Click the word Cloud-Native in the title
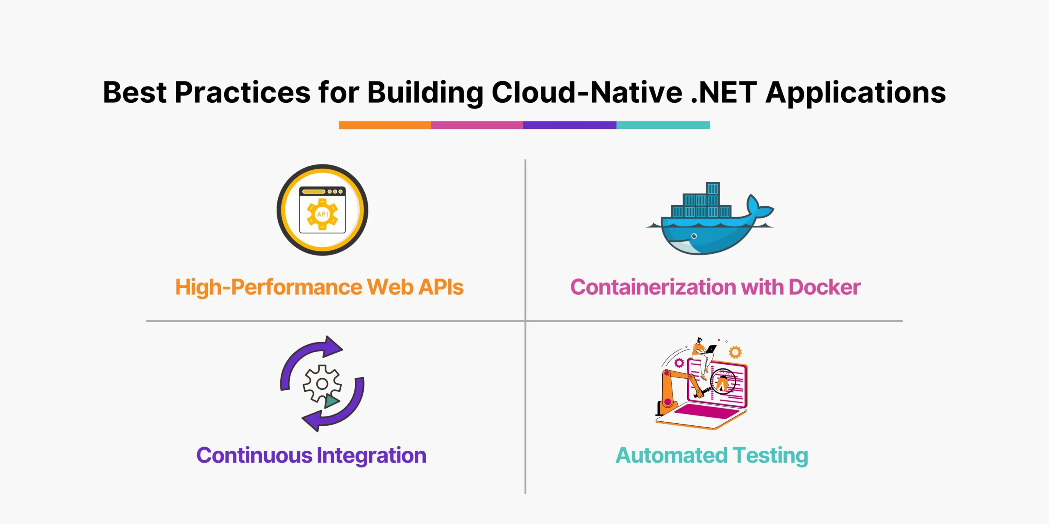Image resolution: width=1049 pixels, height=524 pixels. tap(587, 92)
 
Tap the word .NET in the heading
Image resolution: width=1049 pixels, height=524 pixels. tap(724, 93)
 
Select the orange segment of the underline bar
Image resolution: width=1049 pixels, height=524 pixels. tap(385, 125)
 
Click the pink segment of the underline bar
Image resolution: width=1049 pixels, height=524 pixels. tap(477, 125)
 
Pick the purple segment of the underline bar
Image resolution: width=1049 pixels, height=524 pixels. tap(570, 125)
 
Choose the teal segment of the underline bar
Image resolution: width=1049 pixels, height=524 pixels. tap(663, 125)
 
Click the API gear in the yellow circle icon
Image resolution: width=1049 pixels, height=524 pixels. tap(322, 214)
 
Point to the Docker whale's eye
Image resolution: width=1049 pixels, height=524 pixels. tap(694, 236)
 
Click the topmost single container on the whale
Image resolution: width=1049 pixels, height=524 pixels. tap(713, 188)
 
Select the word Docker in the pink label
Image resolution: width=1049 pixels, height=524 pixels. tap(824, 287)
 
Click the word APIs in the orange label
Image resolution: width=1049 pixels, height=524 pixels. tap(441, 287)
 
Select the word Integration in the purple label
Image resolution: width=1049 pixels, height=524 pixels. tap(371, 456)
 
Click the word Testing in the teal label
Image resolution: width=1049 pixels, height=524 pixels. tap(770, 456)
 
